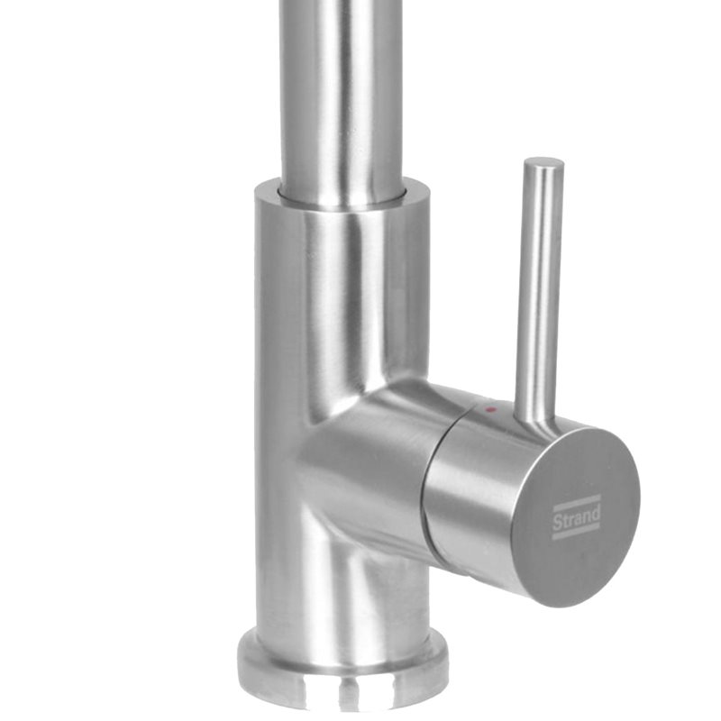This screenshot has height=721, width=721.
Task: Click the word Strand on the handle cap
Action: pyautogui.click(x=576, y=516)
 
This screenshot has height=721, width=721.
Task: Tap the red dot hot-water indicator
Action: pyautogui.click(x=491, y=409)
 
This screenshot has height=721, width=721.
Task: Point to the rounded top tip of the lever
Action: pyautogui.click(x=544, y=162)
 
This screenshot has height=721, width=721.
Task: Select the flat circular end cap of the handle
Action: pyautogui.click(x=575, y=516)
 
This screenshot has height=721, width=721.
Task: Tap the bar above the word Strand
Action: pyautogui.click(x=576, y=502)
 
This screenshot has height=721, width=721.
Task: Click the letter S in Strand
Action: pyautogui.click(x=556, y=523)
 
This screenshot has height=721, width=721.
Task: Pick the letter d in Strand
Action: pyautogui.click(x=596, y=511)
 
